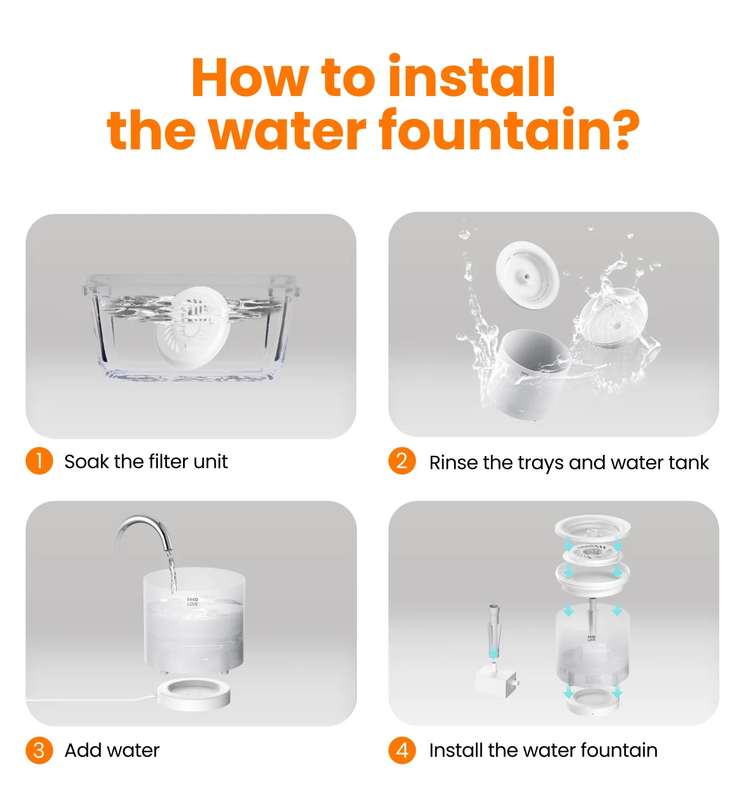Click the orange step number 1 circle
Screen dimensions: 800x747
[39, 461]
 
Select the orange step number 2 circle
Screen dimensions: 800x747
[402, 461]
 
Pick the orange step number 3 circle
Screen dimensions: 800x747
[39, 750]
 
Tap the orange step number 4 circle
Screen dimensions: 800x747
[402, 750]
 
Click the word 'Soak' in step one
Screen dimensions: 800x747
[85, 461]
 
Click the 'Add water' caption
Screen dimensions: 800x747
[112, 750]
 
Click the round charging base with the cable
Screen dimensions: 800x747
[195, 694]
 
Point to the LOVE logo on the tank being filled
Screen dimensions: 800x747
[193, 602]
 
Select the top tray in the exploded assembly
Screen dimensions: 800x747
[592, 528]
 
